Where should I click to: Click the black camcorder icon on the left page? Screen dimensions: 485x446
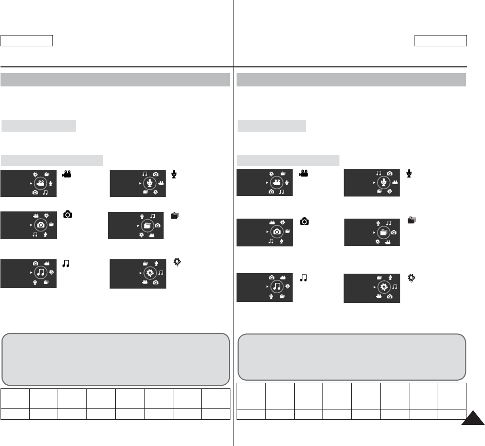point(66,174)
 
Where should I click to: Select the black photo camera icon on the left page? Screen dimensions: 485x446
point(67,215)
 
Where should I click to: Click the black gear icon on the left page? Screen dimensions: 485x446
point(177,262)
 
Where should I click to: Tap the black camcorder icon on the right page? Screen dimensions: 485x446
point(303,174)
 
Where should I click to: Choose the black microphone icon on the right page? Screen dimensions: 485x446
point(410,174)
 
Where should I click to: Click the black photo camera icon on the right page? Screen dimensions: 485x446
point(304,221)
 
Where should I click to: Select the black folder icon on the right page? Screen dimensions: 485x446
point(411,220)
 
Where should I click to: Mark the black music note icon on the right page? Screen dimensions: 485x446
point(303,278)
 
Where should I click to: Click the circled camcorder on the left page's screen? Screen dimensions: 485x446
point(41,183)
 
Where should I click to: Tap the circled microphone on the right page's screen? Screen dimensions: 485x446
point(383,182)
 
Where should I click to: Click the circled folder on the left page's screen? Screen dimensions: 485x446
point(149,225)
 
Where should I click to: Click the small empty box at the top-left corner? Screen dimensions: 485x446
point(27,41)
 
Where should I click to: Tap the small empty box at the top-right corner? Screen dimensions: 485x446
point(441,41)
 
